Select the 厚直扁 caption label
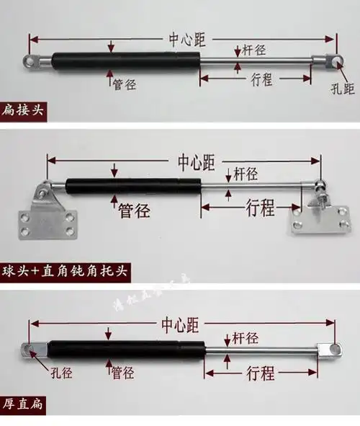22,404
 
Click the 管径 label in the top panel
124,84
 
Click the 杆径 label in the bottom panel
245,337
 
